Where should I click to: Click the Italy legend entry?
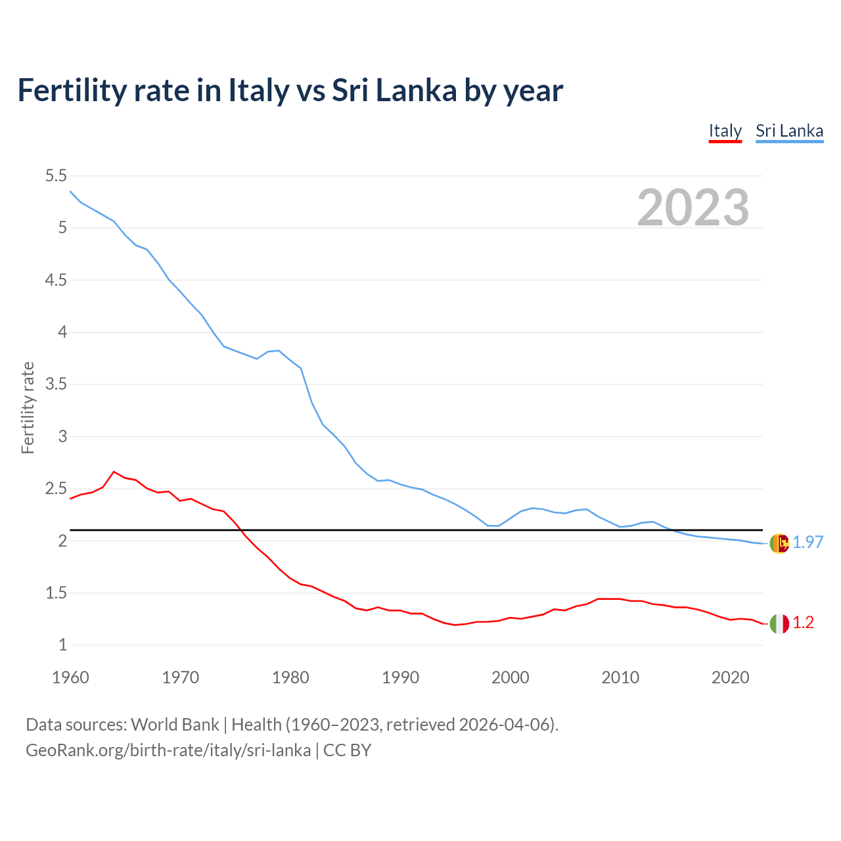[725, 131]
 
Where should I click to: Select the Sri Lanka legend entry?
[789, 131]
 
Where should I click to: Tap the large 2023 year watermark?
[693, 208]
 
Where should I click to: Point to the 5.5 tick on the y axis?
[56, 175]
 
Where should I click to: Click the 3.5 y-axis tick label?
[56, 384]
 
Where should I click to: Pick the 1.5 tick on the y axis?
[56, 593]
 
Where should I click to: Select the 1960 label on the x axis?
[70, 677]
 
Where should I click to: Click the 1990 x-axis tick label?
[400, 677]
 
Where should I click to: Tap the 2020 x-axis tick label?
[730, 677]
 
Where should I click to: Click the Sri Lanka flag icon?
[779, 543]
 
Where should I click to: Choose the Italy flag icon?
[779, 624]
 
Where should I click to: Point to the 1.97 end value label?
[807, 542]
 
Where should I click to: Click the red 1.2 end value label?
[803, 623]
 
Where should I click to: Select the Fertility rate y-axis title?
[28, 407]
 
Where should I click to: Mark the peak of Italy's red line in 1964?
[114, 472]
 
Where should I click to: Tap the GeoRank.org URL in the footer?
[168, 750]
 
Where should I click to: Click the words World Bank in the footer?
[175, 725]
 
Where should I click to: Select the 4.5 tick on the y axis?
[56, 280]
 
